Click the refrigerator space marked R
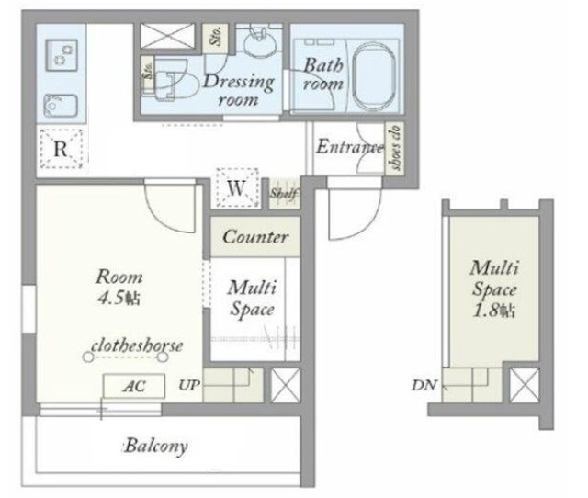point(61,149)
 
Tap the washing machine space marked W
point(237,187)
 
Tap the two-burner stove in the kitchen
point(62,55)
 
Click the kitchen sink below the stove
point(61,107)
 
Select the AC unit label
point(134,386)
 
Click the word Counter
point(255,237)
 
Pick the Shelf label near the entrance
point(284,194)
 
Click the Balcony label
point(156,446)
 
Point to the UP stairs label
point(189,385)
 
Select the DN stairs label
point(424,385)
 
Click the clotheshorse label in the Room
point(137,345)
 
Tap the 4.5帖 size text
point(119,298)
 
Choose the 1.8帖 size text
point(494,311)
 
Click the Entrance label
point(349,147)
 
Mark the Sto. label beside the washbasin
point(217,37)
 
